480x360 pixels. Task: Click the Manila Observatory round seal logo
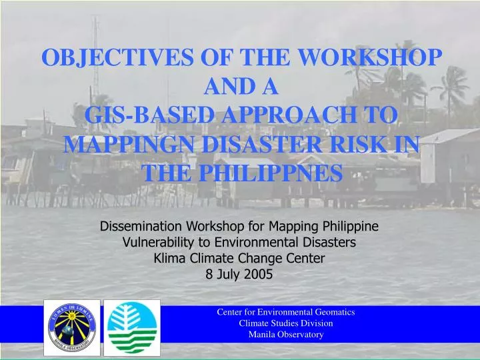pyautogui.click(x=71, y=328)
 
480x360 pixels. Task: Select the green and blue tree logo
pyautogui.click(x=133, y=328)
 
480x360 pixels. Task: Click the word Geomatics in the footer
pyautogui.click(x=333, y=312)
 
